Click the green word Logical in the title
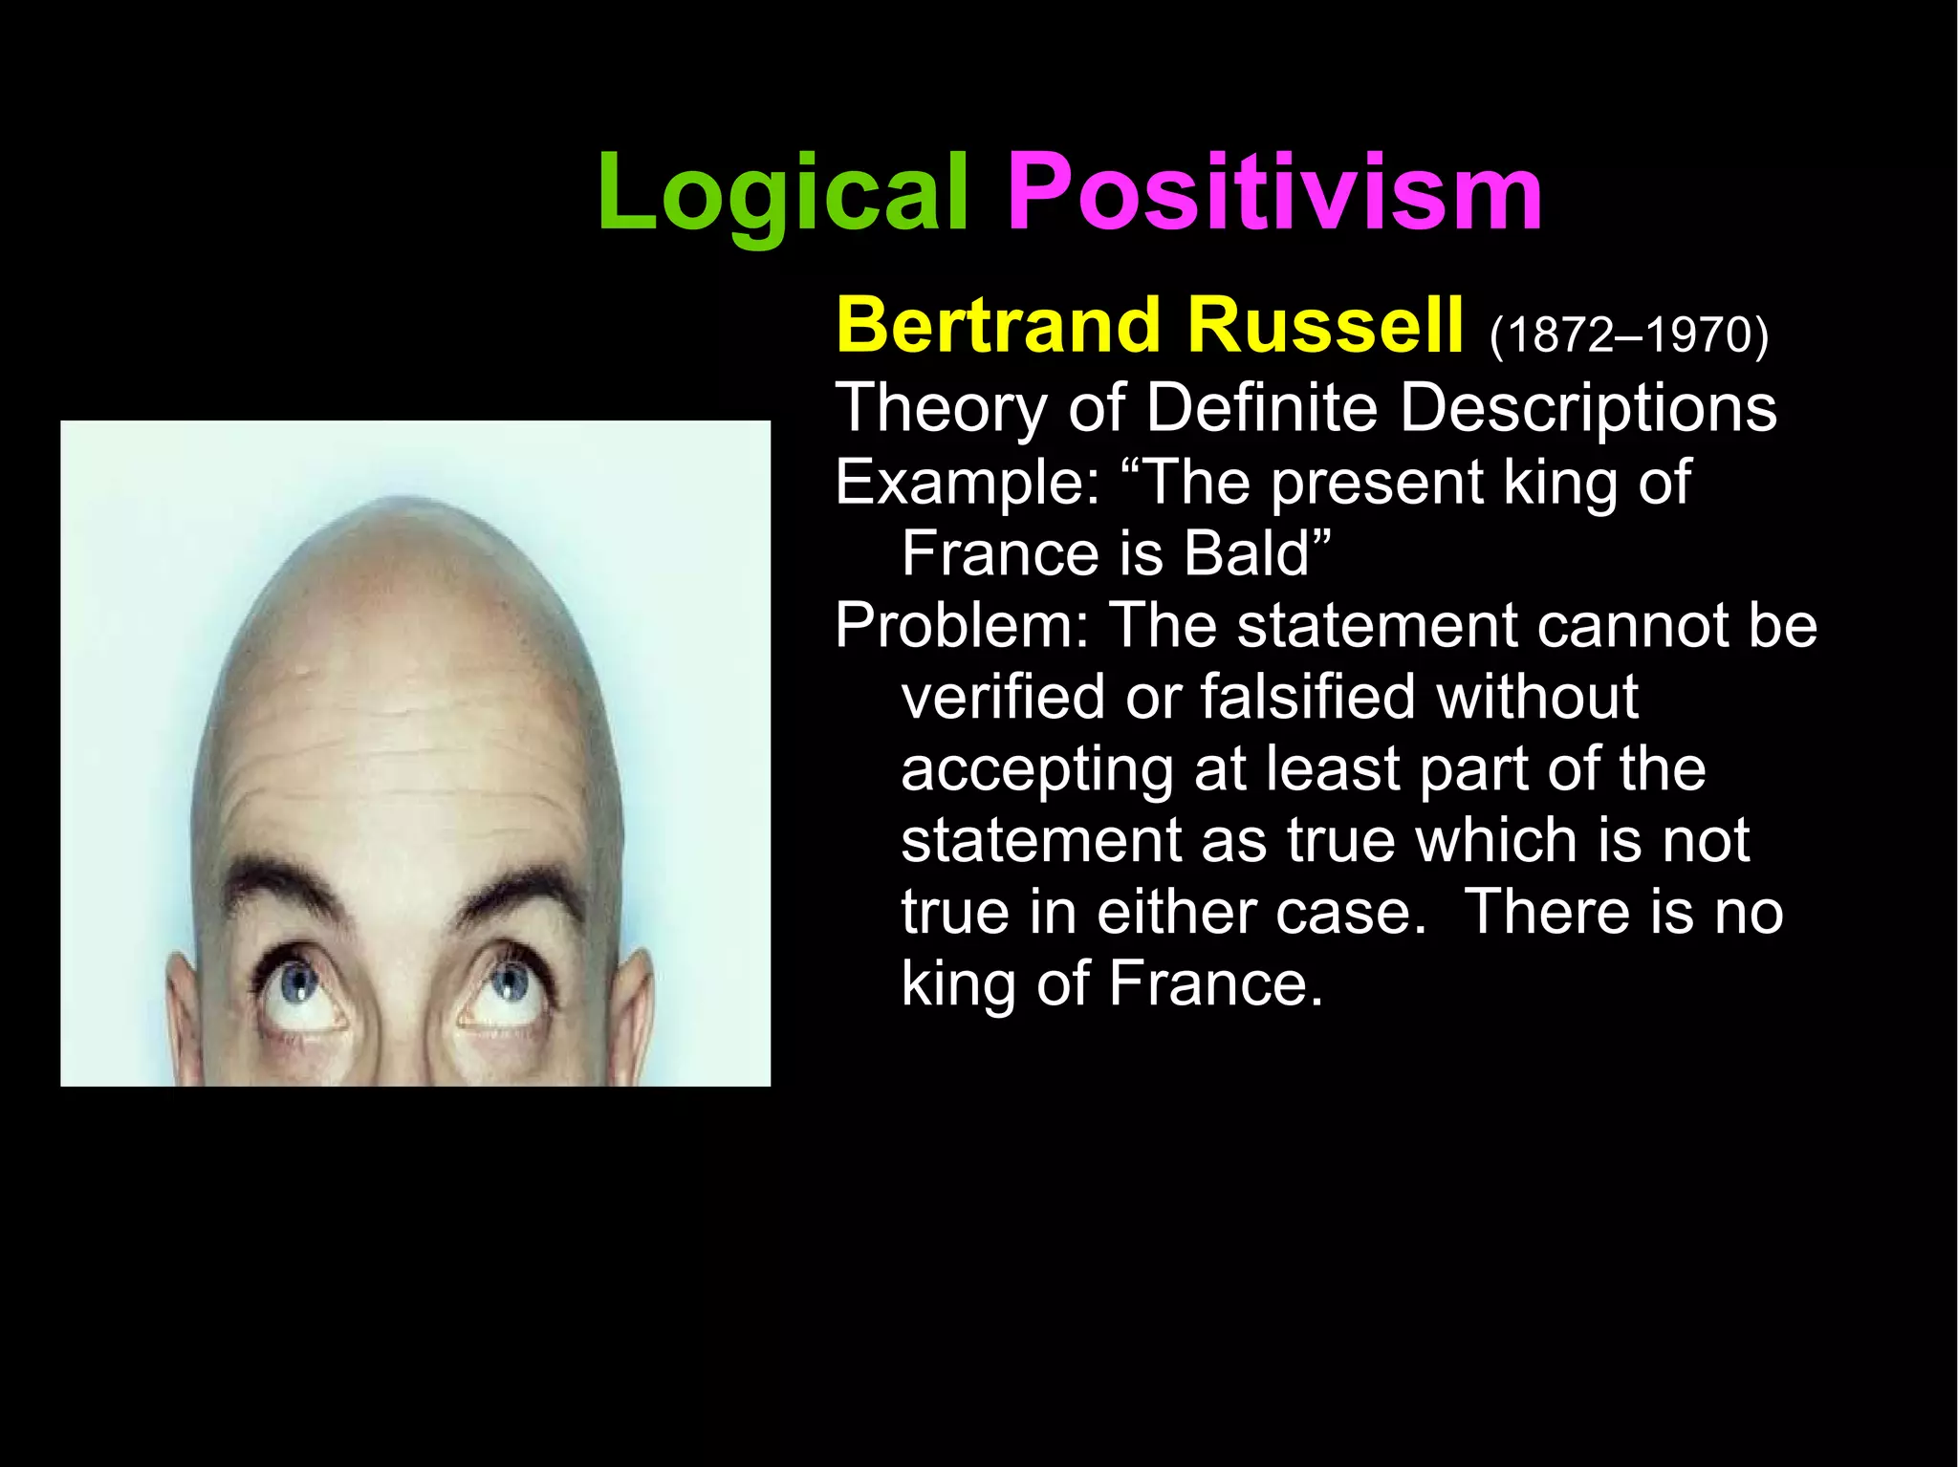782,196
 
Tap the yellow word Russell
1324,326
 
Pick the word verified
1005,697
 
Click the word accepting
1036,770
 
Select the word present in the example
1378,482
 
